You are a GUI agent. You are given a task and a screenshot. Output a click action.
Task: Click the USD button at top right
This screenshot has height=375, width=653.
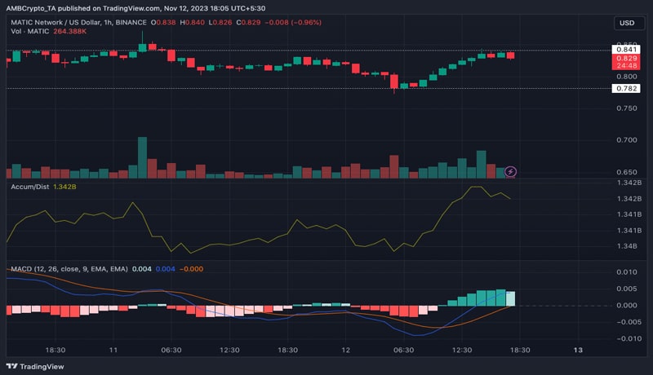[x=627, y=23]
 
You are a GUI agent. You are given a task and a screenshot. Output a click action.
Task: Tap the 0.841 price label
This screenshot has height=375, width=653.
[x=626, y=50]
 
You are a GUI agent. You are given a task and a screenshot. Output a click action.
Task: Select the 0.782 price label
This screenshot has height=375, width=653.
[x=626, y=88]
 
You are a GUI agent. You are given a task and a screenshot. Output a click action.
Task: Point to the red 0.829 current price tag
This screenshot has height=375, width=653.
[x=626, y=59]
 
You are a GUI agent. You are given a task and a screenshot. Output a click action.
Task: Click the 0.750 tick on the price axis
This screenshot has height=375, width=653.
[x=627, y=108]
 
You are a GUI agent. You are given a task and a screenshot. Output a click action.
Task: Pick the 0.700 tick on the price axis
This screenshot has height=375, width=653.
[x=627, y=140]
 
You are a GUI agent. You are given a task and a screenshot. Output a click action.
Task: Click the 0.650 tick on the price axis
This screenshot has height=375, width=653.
[x=627, y=172]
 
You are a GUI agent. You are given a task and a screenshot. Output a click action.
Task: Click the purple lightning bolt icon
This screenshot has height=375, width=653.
[x=511, y=171]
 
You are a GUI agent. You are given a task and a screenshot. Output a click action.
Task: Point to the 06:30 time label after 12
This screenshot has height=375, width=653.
[x=403, y=349]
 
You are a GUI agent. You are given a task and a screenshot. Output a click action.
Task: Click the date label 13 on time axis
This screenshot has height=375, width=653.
[x=578, y=349]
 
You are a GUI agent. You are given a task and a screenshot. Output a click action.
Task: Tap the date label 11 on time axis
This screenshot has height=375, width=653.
[x=113, y=349]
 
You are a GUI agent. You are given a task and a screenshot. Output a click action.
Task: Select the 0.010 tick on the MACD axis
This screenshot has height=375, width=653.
[x=627, y=272]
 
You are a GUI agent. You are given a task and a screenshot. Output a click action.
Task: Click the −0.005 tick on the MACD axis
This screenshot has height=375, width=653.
[x=625, y=322]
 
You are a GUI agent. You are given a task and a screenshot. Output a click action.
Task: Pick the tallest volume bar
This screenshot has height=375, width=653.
[x=142, y=157]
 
